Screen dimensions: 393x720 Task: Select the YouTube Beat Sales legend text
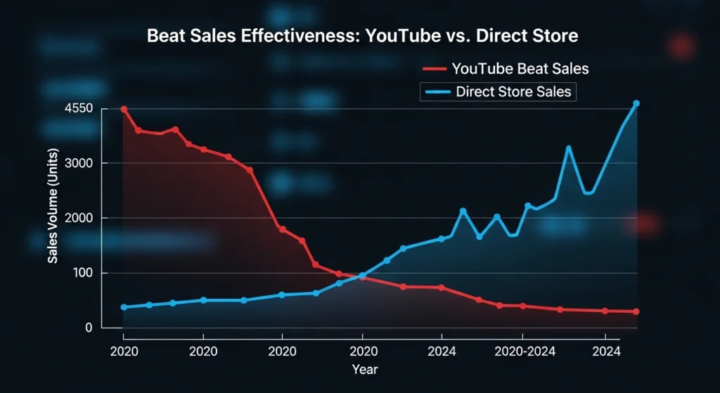tap(520, 69)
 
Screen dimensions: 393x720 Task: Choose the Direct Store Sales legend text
tap(513, 91)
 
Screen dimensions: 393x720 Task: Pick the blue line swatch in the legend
tap(436, 91)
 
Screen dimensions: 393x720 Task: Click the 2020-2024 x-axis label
tap(521, 352)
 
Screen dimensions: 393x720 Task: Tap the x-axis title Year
tap(364, 368)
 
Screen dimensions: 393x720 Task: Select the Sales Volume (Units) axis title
tap(53, 207)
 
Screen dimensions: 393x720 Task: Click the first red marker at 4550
tap(124, 110)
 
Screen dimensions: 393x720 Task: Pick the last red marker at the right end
tap(636, 311)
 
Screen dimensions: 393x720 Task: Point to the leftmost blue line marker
tap(124, 307)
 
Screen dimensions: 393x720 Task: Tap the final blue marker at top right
tap(636, 103)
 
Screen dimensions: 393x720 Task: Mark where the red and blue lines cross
tap(361, 276)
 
